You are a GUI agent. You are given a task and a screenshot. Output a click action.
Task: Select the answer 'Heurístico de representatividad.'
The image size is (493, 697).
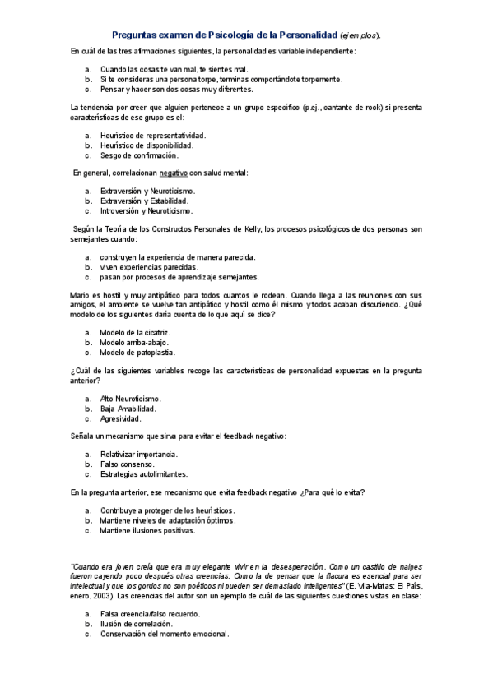tap(152, 135)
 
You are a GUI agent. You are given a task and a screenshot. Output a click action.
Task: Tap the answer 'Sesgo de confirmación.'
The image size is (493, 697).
tap(138, 155)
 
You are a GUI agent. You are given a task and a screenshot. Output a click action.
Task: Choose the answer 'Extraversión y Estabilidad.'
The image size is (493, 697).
tap(144, 201)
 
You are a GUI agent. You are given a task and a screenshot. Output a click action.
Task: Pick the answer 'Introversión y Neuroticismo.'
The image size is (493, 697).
tap(147, 210)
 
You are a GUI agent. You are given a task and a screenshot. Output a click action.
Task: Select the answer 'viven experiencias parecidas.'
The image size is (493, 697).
tap(149, 267)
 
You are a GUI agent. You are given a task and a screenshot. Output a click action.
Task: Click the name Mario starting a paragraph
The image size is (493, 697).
tap(80, 295)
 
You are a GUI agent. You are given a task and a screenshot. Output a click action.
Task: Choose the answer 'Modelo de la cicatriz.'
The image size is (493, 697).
tap(134, 332)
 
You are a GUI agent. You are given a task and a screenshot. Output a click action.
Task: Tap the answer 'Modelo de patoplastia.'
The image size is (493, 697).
tap(137, 352)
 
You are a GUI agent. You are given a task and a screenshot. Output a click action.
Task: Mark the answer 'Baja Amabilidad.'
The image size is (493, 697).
tap(128, 408)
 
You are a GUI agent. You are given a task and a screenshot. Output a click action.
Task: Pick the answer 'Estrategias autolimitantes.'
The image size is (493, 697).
tap(143, 473)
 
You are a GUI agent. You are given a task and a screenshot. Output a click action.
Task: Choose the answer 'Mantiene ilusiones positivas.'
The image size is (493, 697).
tap(147, 530)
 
